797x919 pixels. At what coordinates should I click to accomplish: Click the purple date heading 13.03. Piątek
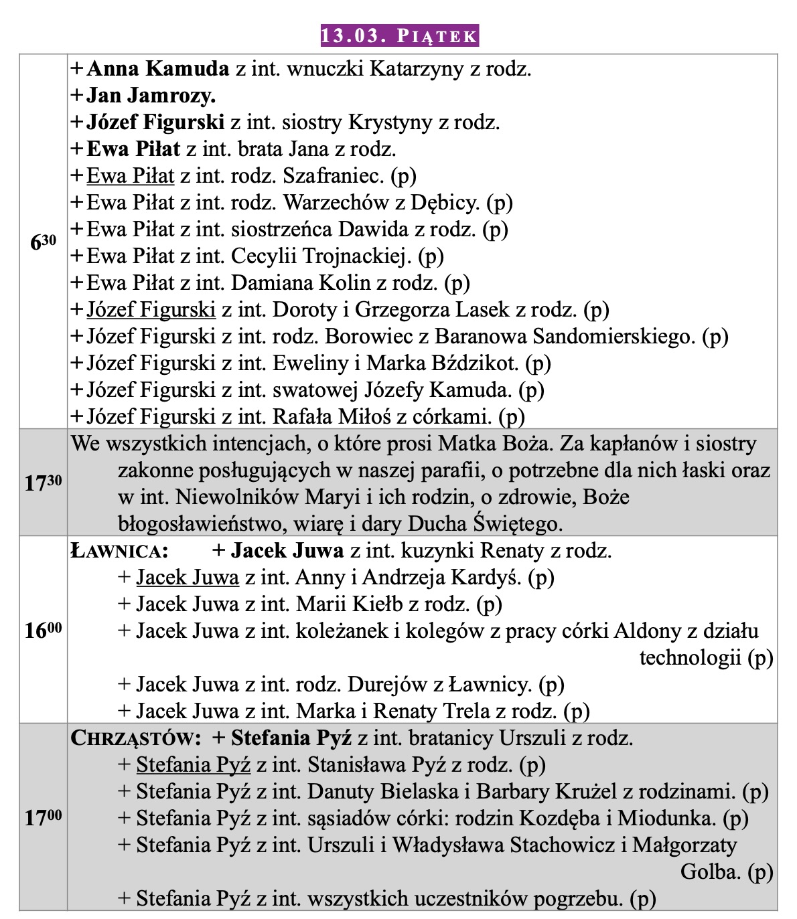398,35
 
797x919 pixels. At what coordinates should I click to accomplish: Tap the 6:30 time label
44,242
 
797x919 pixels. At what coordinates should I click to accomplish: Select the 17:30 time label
44,483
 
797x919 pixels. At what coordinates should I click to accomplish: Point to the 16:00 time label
44,630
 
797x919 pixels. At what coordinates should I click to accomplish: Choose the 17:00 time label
44,817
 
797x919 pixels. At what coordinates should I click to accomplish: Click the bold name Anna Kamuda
158,69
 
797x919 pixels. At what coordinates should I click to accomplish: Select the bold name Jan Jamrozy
151,96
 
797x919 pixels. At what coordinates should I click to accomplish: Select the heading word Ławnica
119,552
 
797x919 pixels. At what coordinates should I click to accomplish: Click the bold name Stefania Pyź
291,738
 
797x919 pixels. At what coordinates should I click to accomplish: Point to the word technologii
690,658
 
